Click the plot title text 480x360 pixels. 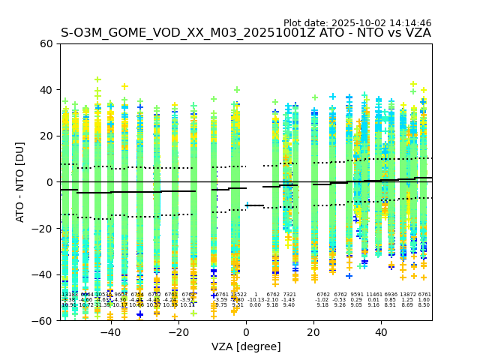pos(246,33)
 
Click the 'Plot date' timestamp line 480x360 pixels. pos(357,23)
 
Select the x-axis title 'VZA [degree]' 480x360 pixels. pos(246,346)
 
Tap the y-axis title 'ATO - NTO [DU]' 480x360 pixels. pos(20,182)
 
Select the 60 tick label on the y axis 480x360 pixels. pos(46,43)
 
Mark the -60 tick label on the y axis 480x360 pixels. pos(43,321)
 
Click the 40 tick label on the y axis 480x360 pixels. pos(46,90)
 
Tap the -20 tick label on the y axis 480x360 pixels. pos(43,229)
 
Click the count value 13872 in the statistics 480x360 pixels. pos(407,295)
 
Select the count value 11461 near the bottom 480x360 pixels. pos(373,295)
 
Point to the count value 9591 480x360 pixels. pos(356,295)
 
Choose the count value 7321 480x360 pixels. pos(289,295)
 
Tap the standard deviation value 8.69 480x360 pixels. pos(407,305)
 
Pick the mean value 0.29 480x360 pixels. pos(356,300)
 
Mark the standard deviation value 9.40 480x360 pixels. pos(289,305)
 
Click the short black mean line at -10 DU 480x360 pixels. pos(255,205)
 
